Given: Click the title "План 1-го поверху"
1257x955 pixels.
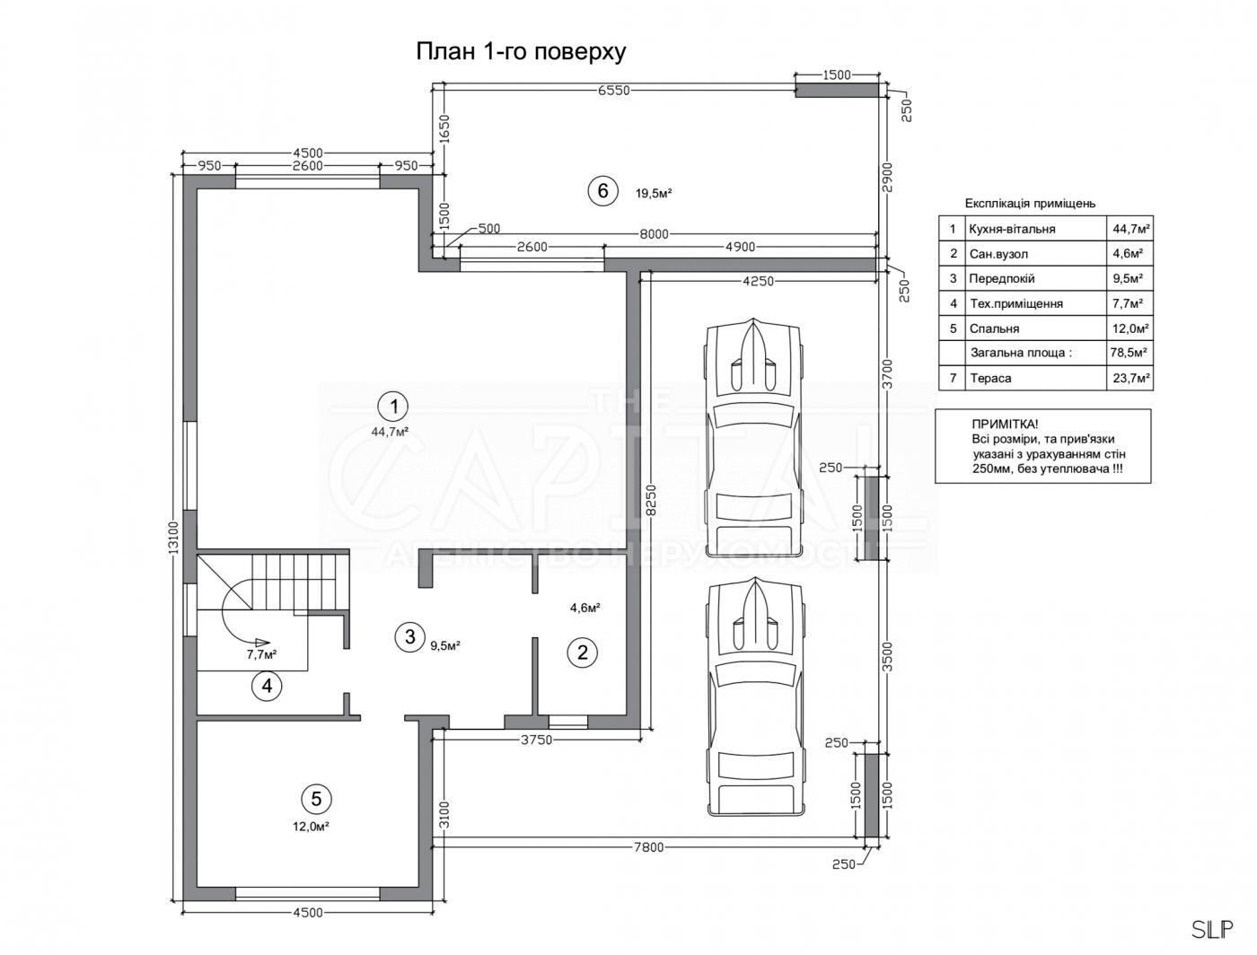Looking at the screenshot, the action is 520,51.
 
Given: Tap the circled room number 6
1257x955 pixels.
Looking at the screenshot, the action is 602,190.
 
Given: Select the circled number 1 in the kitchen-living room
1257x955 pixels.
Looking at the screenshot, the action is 393,407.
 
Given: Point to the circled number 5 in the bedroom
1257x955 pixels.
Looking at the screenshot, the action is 316,798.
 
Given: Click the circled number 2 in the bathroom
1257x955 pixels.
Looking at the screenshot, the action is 583,653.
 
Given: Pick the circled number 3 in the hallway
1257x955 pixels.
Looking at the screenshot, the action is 409,636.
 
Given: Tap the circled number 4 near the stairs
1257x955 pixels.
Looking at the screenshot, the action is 267,686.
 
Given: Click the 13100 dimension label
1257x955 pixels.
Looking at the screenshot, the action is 174,537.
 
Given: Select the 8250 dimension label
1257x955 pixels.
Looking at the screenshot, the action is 651,500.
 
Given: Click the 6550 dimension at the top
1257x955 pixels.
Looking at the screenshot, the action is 614,91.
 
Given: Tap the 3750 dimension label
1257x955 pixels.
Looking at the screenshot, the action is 537,740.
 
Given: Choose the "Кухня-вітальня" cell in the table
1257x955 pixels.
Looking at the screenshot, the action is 1012,229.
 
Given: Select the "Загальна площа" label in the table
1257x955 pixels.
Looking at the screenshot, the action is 1021,353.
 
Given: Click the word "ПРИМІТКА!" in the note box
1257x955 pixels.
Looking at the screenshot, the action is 1005,424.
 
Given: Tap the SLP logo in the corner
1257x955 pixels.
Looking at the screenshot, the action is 1212,930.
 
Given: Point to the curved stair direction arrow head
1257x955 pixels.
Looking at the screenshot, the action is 262,642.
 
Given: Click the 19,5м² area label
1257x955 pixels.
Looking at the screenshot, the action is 654,193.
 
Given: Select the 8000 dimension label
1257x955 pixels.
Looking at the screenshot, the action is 654,234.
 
